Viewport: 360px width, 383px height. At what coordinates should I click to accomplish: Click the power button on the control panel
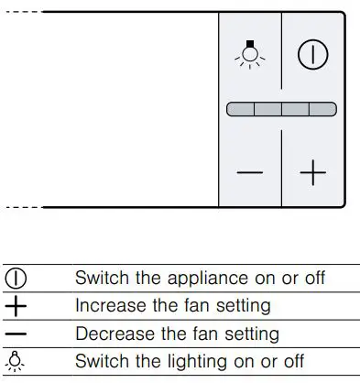(x=312, y=54)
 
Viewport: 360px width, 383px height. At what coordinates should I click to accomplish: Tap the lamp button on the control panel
(x=249, y=54)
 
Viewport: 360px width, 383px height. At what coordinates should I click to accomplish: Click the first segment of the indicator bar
(x=240, y=109)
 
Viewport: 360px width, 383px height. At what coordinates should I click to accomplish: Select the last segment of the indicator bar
(x=322, y=109)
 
